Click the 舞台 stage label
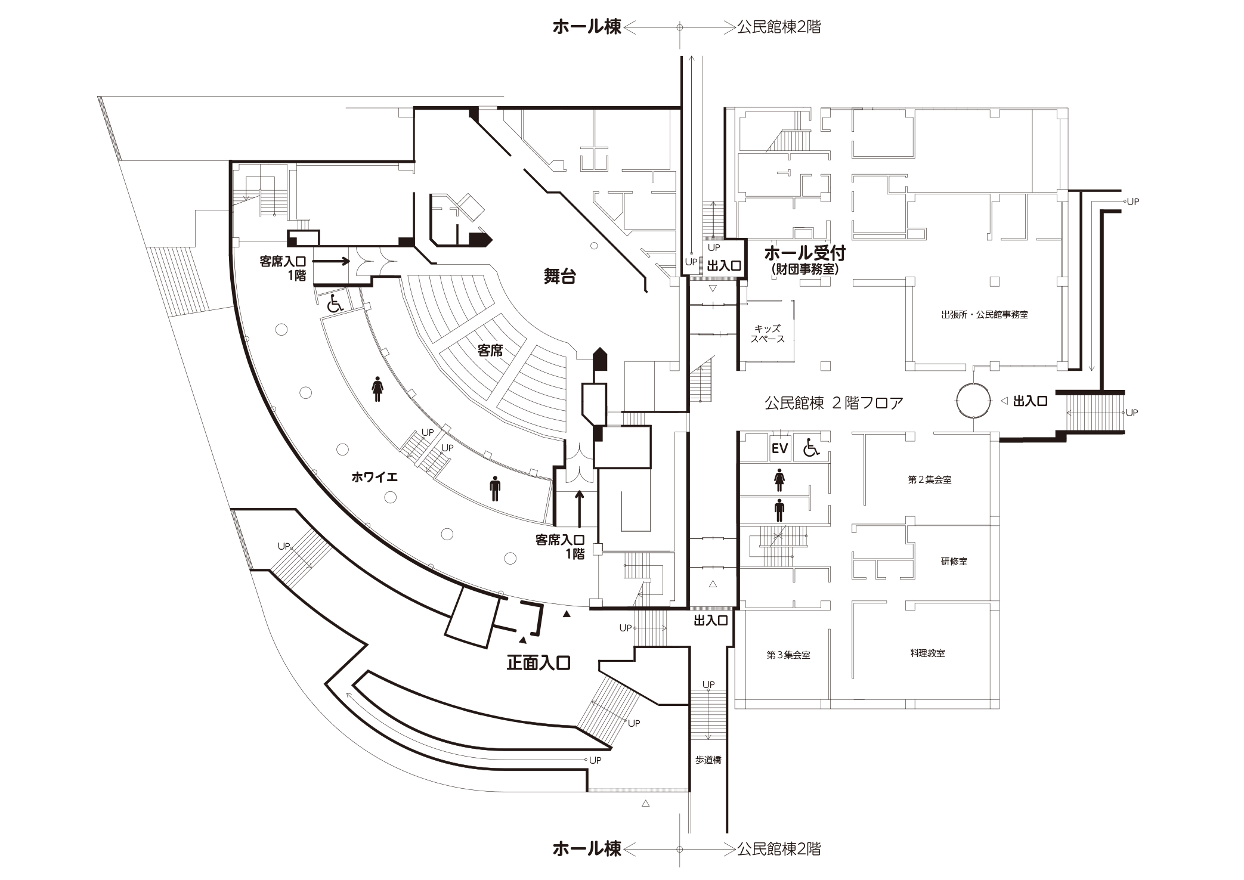click(x=559, y=276)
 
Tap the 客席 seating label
click(x=490, y=351)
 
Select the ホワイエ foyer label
click(x=375, y=477)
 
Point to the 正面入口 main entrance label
click(x=539, y=663)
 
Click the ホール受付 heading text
click(x=804, y=253)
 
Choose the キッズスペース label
click(x=768, y=334)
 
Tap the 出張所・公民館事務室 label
click(x=985, y=315)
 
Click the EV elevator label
click(x=779, y=448)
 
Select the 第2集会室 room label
click(x=929, y=479)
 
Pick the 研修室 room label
click(x=954, y=561)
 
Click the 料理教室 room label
click(x=927, y=653)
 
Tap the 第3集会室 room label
click(x=788, y=655)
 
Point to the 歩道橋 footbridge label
click(x=708, y=760)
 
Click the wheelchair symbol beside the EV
click(x=811, y=448)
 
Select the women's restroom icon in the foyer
click(x=377, y=389)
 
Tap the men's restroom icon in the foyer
click(x=494, y=489)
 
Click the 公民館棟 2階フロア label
click(x=834, y=403)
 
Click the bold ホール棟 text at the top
click(x=587, y=27)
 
